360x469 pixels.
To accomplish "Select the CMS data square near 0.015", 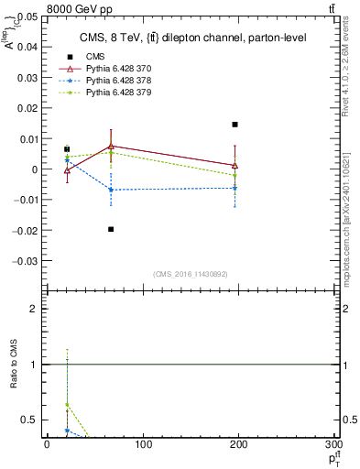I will coord(235,125).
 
